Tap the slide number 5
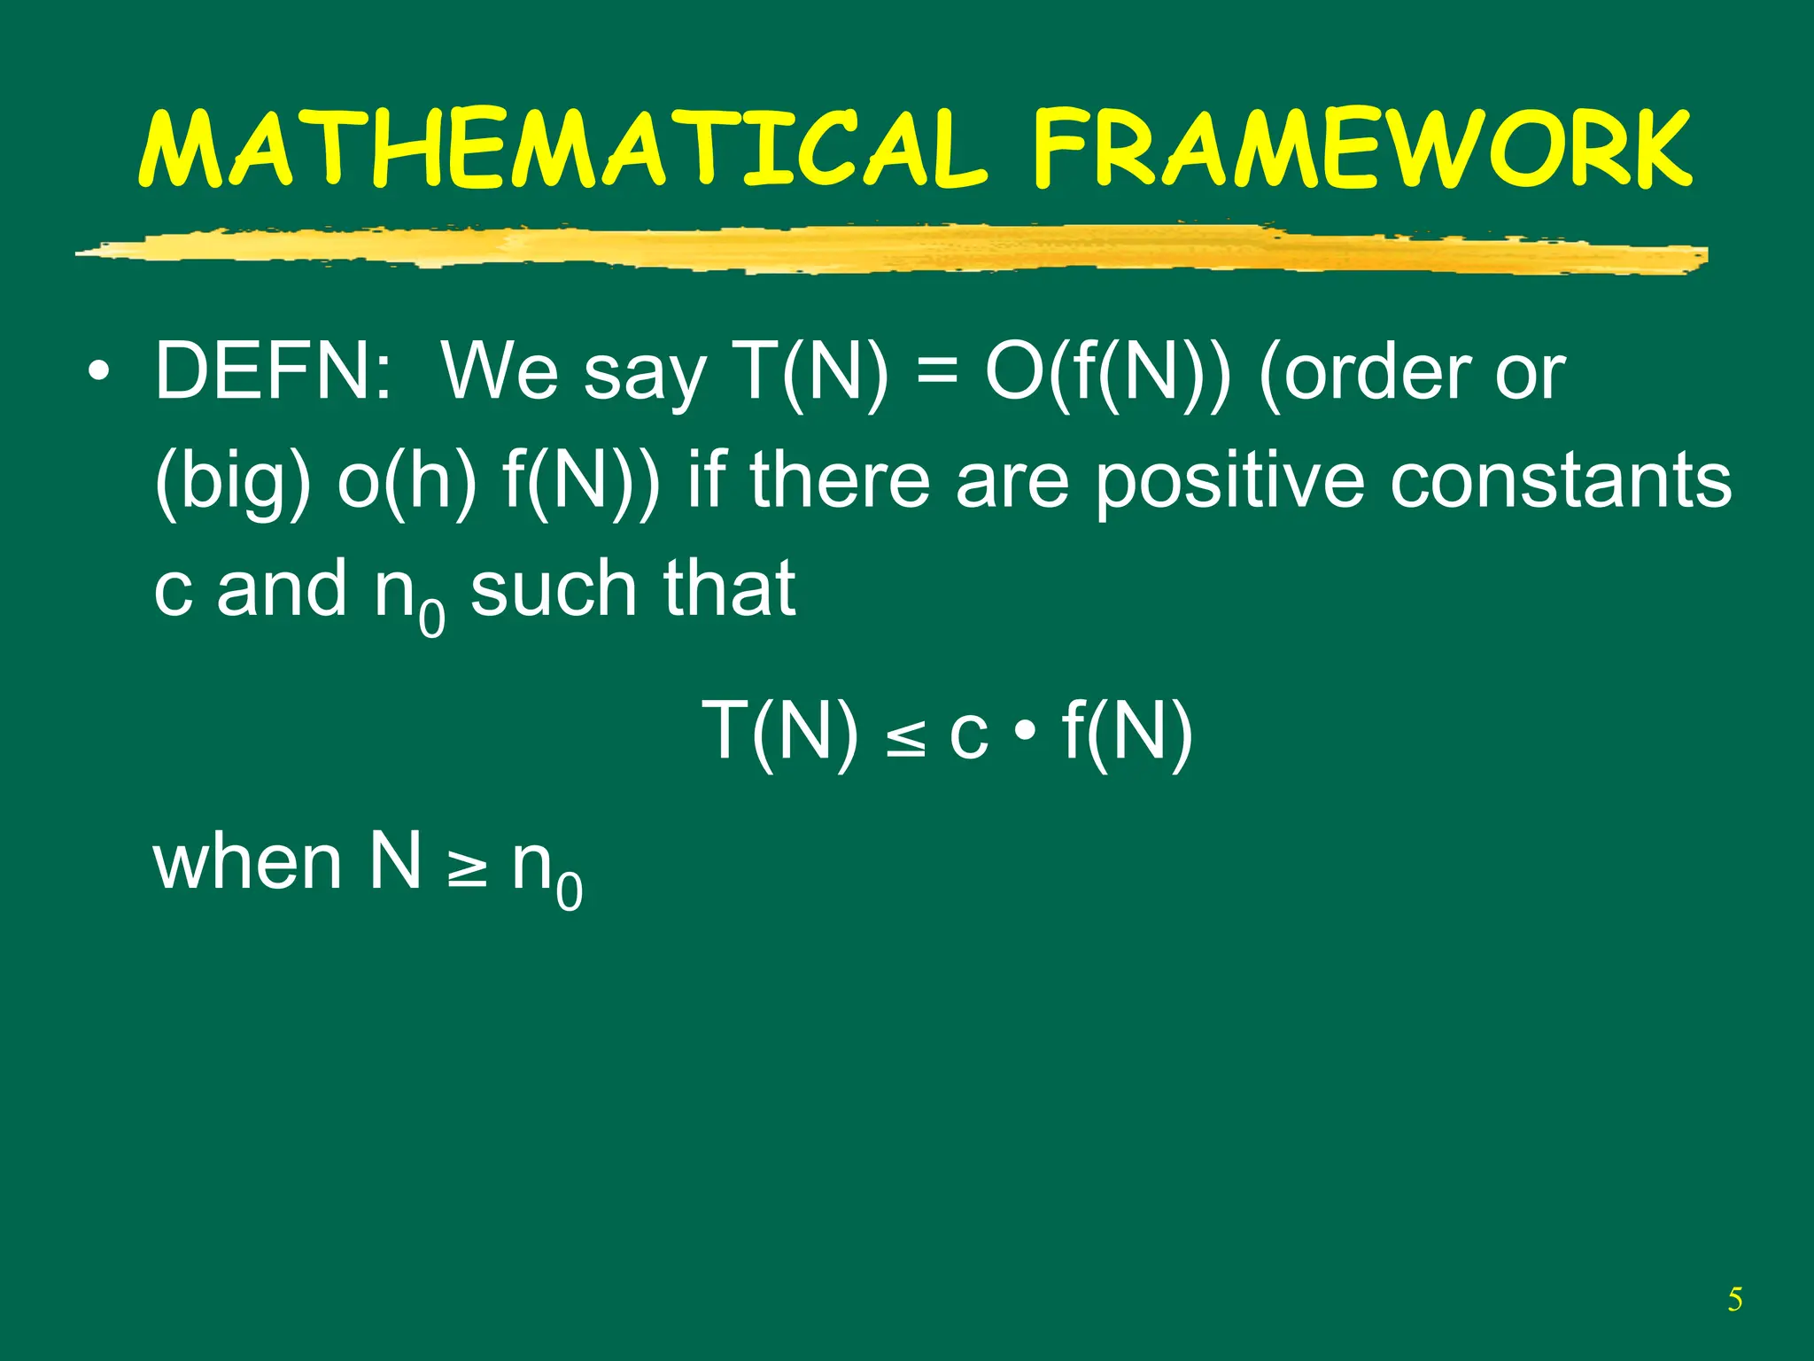[1734, 1300]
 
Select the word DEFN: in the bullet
[273, 372]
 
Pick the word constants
[1560, 481]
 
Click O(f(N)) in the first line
[1107, 372]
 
